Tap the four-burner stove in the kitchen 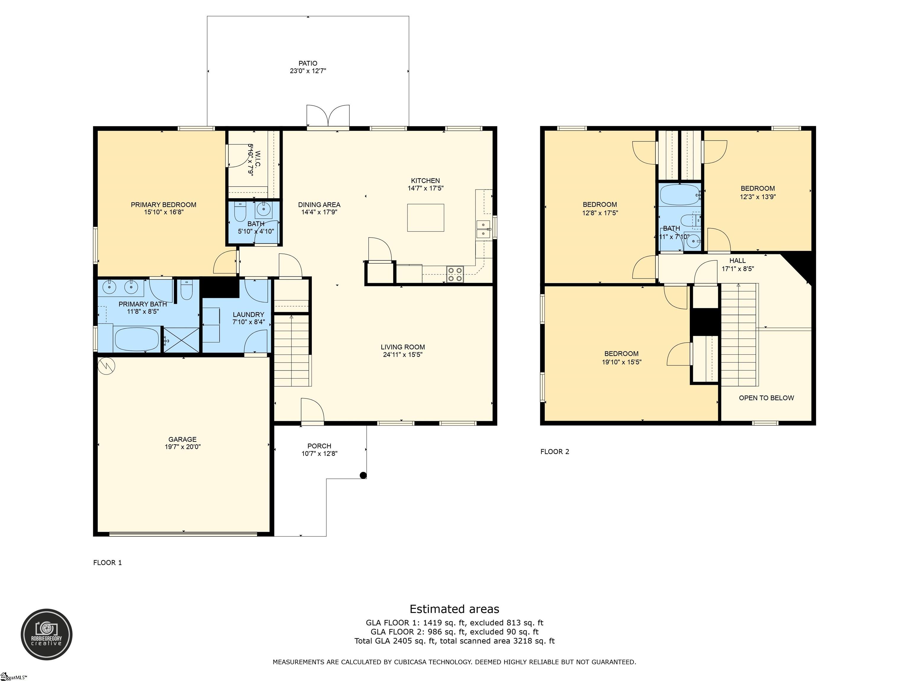tap(455, 274)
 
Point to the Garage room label tap(183, 439)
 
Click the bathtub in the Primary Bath tap(136, 339)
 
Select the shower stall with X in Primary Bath tap(181, 340)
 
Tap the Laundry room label tap(248, 314)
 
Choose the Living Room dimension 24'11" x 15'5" tap(402, 355)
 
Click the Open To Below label tap(766, 398)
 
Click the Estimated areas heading tap(454, 609)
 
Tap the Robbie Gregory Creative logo tap(46, 634)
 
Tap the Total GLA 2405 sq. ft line tap(454, 641)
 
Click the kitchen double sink tap(483, 229)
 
